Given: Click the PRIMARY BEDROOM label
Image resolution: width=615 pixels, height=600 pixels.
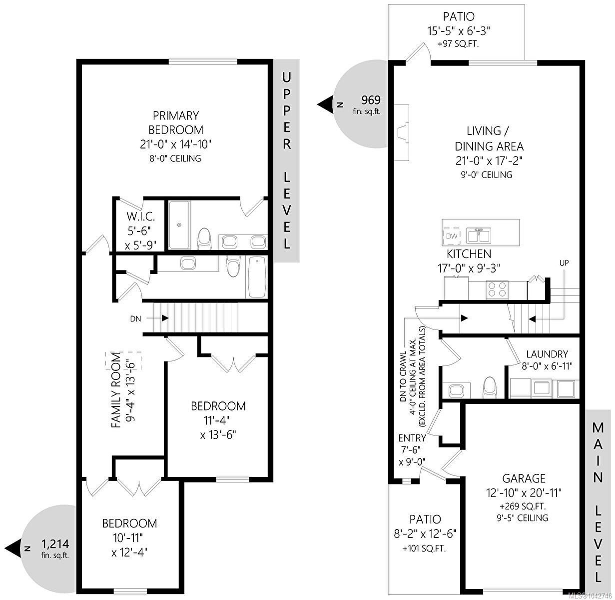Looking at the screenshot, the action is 176,122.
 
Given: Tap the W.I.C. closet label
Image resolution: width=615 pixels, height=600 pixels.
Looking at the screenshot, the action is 140,216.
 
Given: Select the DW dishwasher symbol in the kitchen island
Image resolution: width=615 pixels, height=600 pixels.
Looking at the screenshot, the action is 452,235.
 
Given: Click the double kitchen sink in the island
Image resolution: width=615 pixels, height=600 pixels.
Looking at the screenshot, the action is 479,235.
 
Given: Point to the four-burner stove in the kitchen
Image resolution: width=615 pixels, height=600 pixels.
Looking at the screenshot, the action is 497,289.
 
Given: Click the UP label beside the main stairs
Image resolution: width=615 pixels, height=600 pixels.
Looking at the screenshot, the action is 564,263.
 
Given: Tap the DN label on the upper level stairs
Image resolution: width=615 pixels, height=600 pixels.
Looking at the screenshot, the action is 135,319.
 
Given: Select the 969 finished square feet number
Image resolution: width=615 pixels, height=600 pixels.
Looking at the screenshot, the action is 371,100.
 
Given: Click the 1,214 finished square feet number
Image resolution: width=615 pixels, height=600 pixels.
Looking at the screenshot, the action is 55,543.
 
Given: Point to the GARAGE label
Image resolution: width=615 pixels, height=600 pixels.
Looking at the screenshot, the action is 524,478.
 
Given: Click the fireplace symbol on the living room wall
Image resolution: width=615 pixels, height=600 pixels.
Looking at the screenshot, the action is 401,132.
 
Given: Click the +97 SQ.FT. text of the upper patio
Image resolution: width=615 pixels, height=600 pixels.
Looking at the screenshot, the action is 458,44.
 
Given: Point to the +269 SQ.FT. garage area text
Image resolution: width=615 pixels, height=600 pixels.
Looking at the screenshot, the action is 523,506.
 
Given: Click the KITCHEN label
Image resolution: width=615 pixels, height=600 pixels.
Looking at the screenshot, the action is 469,253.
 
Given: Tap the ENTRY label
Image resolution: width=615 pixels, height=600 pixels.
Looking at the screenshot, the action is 413,438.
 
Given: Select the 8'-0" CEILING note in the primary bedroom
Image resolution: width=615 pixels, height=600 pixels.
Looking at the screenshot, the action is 175,158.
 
